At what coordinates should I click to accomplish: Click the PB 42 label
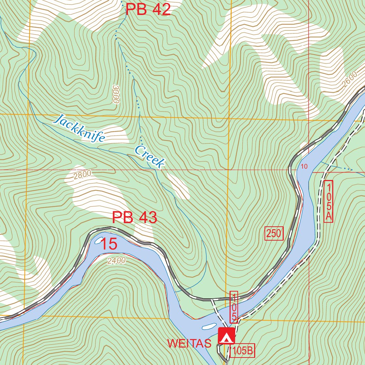(x=148, y=10)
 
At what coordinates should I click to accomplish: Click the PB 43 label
(x=134, y=218)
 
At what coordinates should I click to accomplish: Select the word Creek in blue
(x=150, y=157)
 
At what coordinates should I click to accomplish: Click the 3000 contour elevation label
(x=115, y=94)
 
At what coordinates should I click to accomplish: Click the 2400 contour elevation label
(x=116, y=261)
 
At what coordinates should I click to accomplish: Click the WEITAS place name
(x=190, y=343)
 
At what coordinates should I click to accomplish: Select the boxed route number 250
(x=274, y=234)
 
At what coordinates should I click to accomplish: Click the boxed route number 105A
(x=328, y=201)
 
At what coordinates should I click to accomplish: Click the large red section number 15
(x=109, y=244)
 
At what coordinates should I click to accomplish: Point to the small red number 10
(x=304, y=166)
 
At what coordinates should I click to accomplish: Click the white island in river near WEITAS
(x=209, y=326)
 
